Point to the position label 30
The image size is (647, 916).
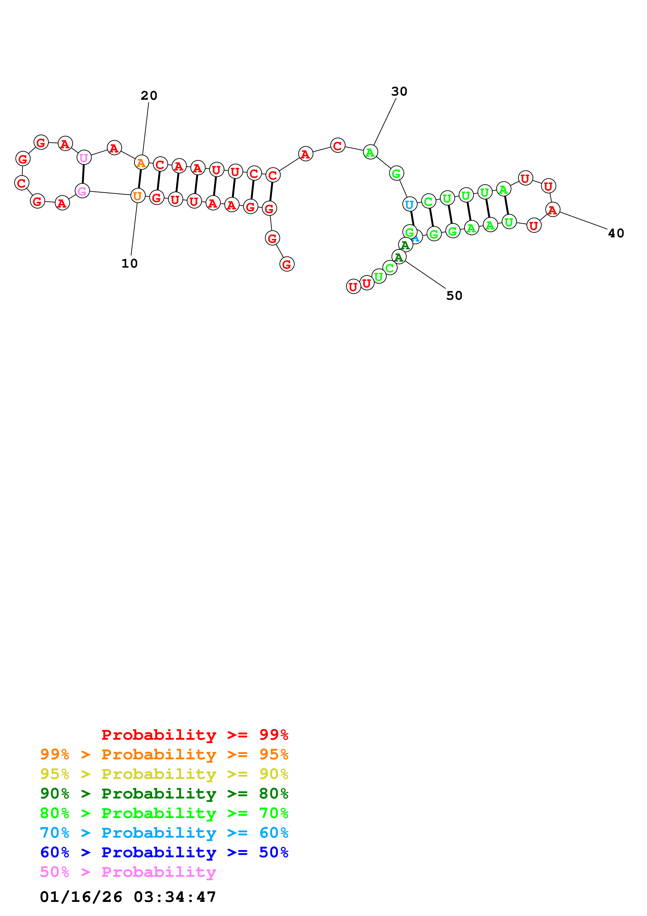coord(399,91)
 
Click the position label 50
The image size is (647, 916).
coord(454,296)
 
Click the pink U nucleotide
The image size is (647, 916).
coord(84,158)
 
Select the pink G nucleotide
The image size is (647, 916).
coord(82,191)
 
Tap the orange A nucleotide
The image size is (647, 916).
coord(141,162)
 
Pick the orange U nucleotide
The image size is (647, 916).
coord(138,196)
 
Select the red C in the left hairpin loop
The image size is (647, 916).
coord(21,183)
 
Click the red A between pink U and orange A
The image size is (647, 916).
coord(114,148)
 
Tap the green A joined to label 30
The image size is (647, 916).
coord(370,152)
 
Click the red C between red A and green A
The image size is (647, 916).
coord(338,146)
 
